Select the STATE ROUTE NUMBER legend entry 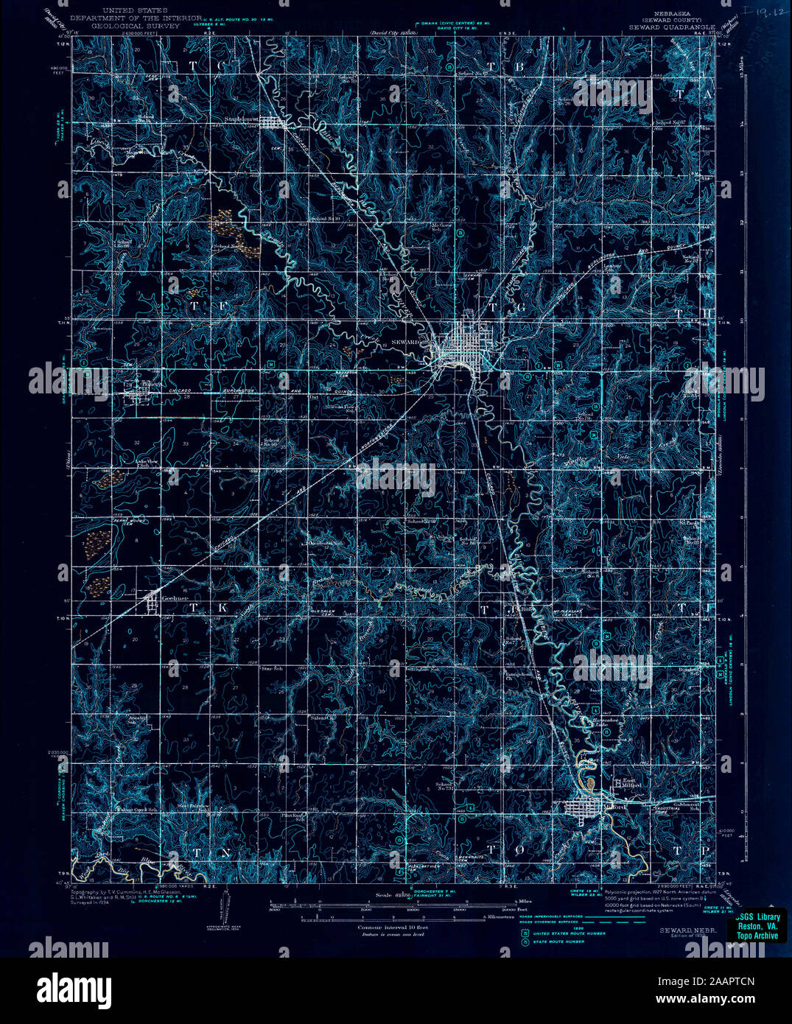point(560,941)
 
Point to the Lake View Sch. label point(147,463)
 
